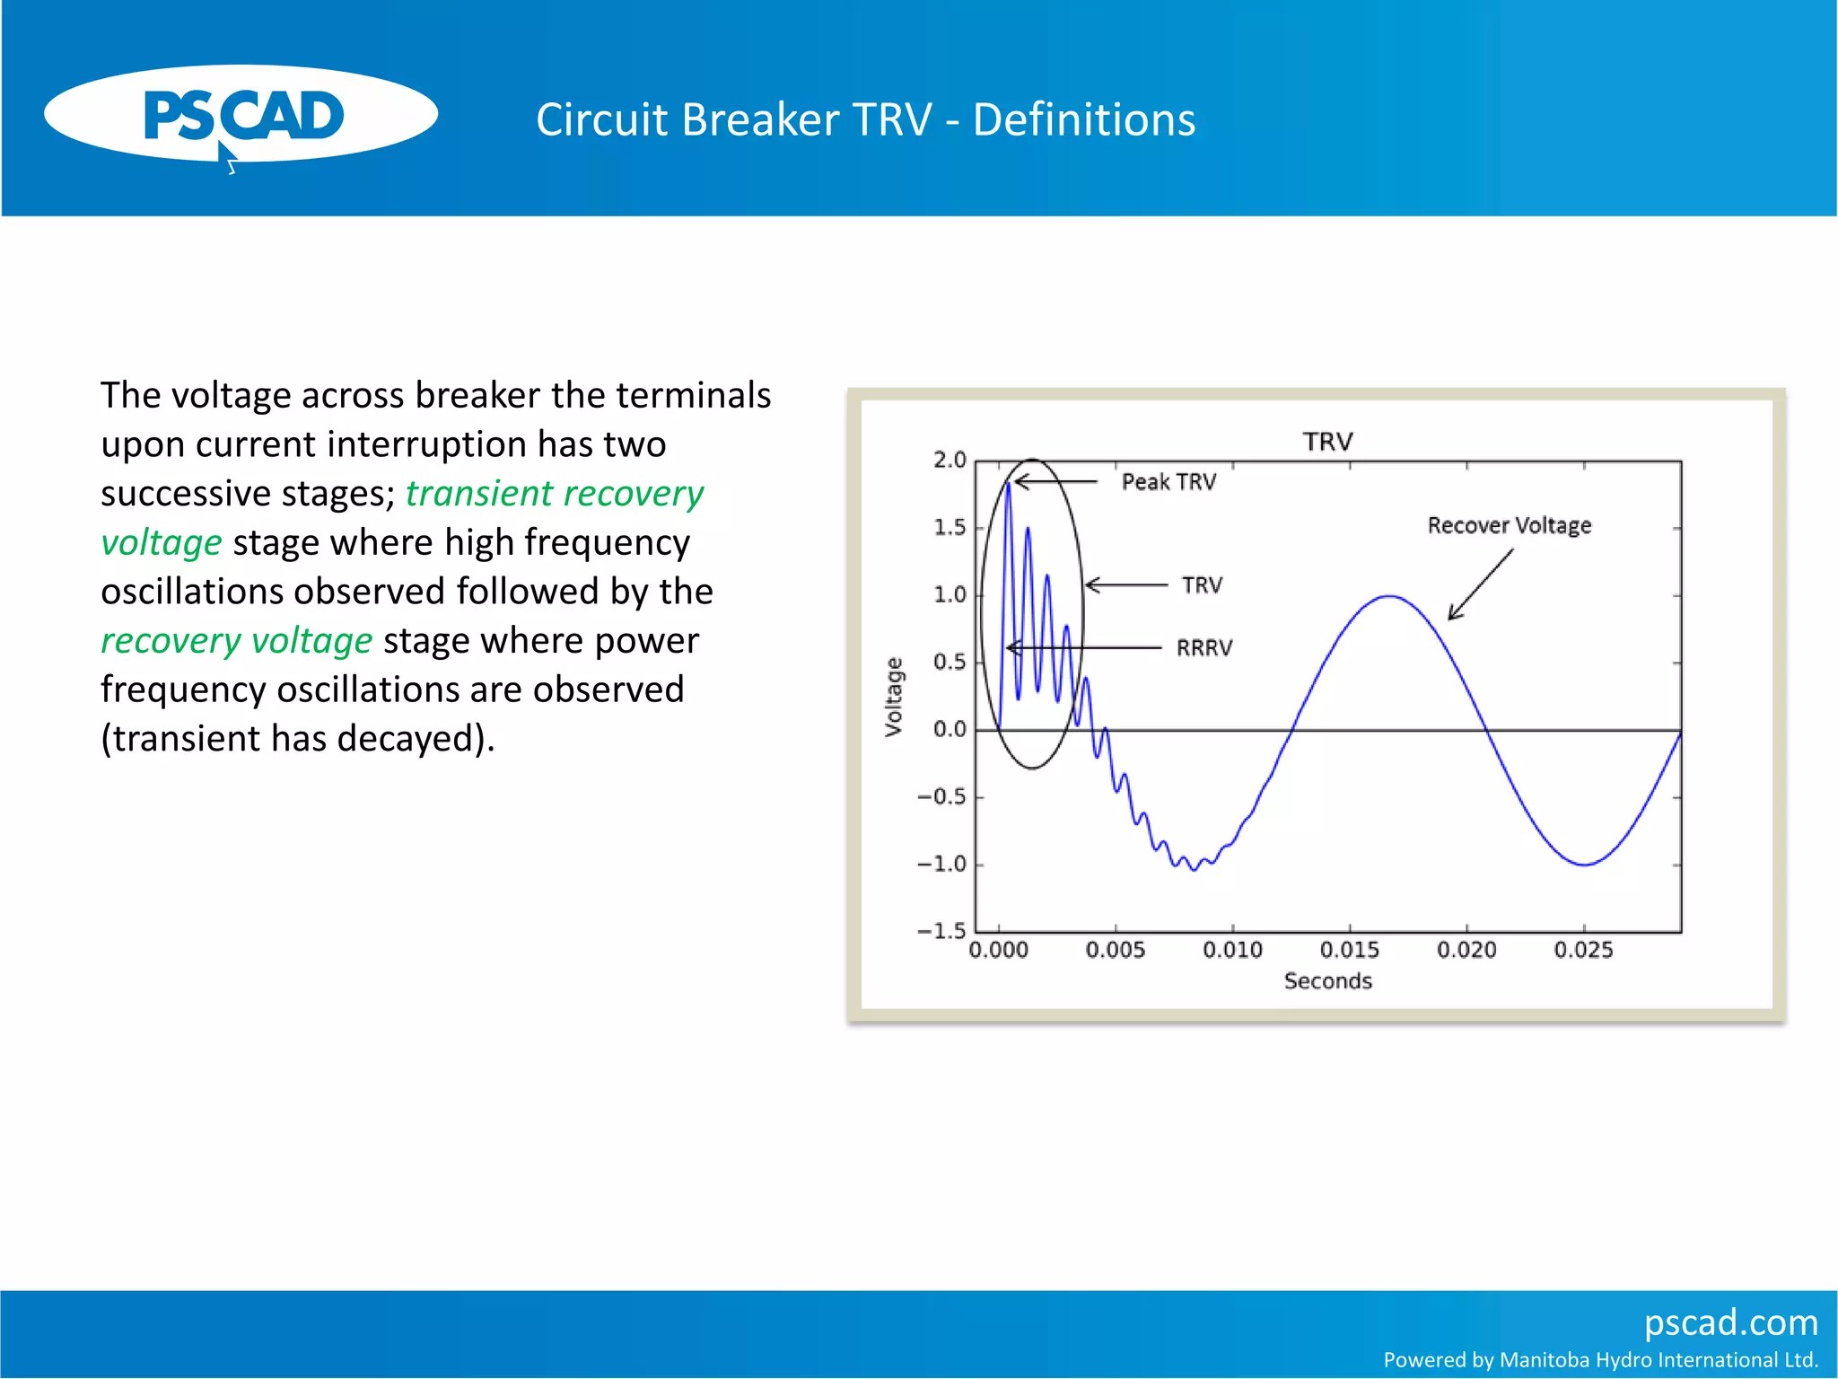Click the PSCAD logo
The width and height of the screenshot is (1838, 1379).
click(x=241, y=115)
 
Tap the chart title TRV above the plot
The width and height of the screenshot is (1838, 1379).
click(x=1327, y=442)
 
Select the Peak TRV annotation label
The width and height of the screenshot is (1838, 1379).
click(x=1168, y=482)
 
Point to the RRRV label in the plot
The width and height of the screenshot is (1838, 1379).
click(x=1204, y=648)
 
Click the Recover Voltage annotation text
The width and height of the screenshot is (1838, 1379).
click(x=1509, y=525)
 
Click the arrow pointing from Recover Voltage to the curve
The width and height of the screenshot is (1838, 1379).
click(x=1481, y=584)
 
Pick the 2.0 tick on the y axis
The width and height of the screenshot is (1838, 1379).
click(x=949, y=461)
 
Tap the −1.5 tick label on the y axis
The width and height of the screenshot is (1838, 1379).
click(x=941, y=931)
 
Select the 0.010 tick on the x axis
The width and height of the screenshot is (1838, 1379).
click(x=1232, y=950)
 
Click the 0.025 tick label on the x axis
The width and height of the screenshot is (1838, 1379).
click(x=1583, y=950)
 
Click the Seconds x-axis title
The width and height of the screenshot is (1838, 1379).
click(x=1327, y=981)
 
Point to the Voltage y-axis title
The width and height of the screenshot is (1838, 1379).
click(x=893, y=697)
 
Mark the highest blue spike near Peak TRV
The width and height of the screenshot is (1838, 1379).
click(x=1008, y=486)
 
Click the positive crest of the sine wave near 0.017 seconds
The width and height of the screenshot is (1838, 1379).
click(x=1389, y=596)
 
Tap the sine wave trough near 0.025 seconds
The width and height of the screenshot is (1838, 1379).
click(x=1584, y=865)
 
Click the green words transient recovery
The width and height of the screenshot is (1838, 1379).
click(x=554, y=494)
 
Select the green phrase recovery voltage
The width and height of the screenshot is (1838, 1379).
click(x=236, y=641)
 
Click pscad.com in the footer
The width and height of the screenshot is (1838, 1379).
click(x=1729, y=1322)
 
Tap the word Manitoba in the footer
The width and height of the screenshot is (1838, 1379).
click(x=1541, y=1360)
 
